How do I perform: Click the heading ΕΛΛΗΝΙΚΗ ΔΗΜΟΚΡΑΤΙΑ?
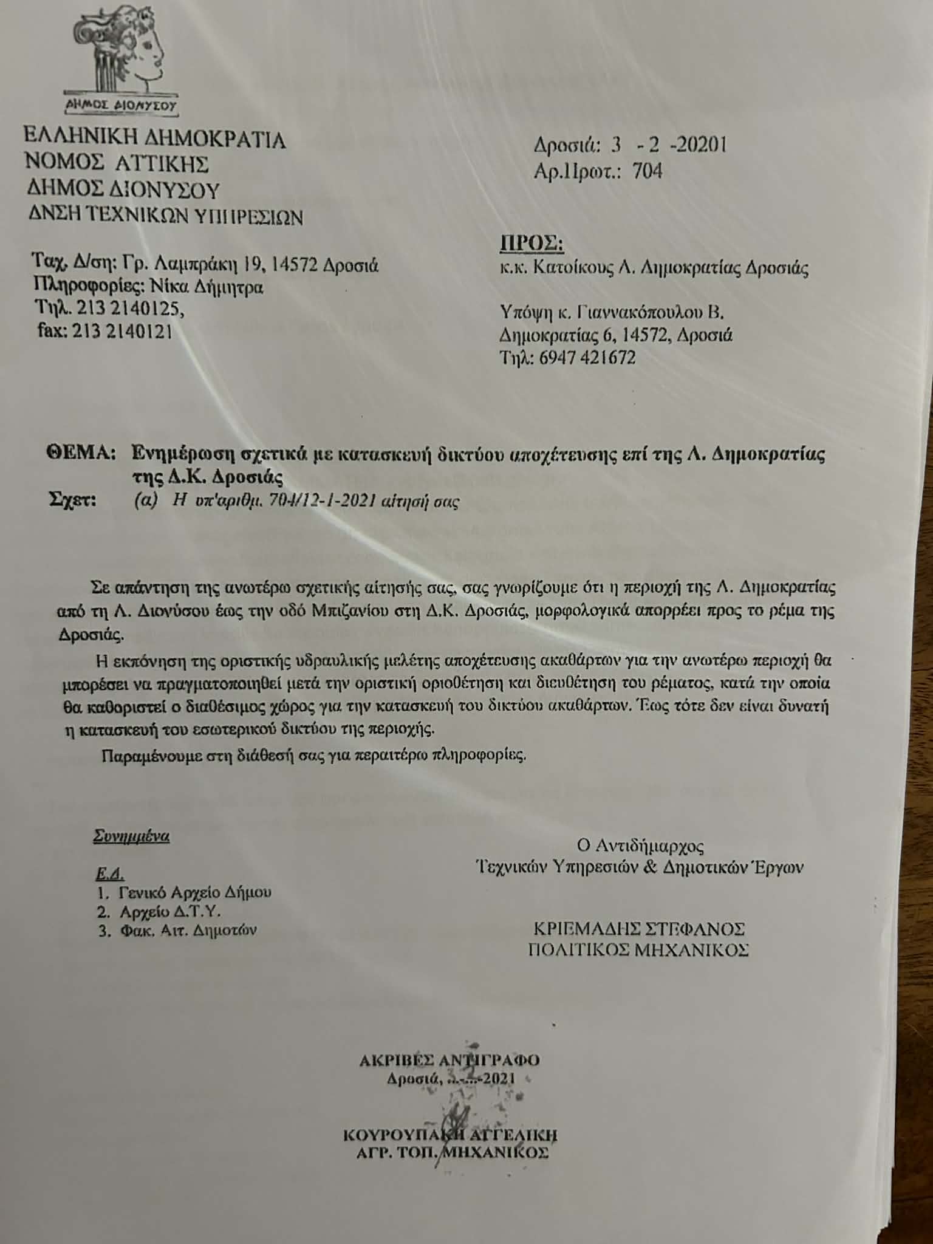(x=154, y=140)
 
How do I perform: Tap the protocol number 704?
(x=647, y=172)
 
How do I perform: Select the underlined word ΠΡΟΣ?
(x=531, y=244)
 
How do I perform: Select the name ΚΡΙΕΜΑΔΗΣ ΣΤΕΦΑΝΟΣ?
(x=639, y=929)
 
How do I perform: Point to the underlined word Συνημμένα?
(x=131, y=836)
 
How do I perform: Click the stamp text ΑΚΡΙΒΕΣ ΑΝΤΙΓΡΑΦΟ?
(x=449, y=1061)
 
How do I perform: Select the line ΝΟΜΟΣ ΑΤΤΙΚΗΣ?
(x=117, y=164)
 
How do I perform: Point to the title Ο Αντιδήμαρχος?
(x=640, y=846)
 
